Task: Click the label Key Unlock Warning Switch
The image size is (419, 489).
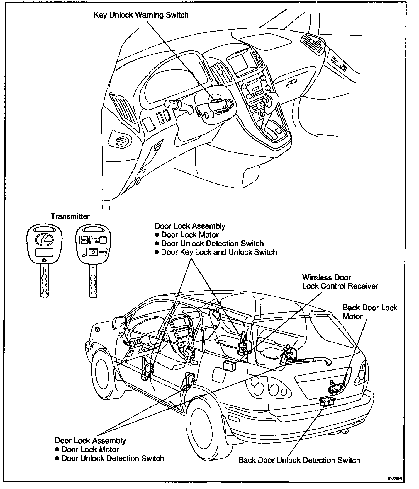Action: click(x=141, y=15)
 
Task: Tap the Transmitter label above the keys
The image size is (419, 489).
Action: click(x=70, y=216)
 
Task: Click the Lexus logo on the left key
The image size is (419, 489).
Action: click(x=44, y=239)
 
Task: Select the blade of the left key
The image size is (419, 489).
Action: click(x=44, y=280)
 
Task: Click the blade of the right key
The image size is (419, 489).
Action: click(x=93, y=280)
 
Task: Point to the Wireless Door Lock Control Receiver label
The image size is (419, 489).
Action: click(x=340, y=282)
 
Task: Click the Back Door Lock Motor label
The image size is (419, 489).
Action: click(x=370, y=312)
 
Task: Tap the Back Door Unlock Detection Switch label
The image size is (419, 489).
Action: click(x=299, y=460)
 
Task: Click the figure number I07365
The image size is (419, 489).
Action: click(x=395, y=478)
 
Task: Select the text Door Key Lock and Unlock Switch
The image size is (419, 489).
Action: click(x=219, y=252)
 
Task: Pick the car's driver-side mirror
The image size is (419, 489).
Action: click(x=119, y=322)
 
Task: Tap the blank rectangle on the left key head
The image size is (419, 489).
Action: click(x=44, y=252)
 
